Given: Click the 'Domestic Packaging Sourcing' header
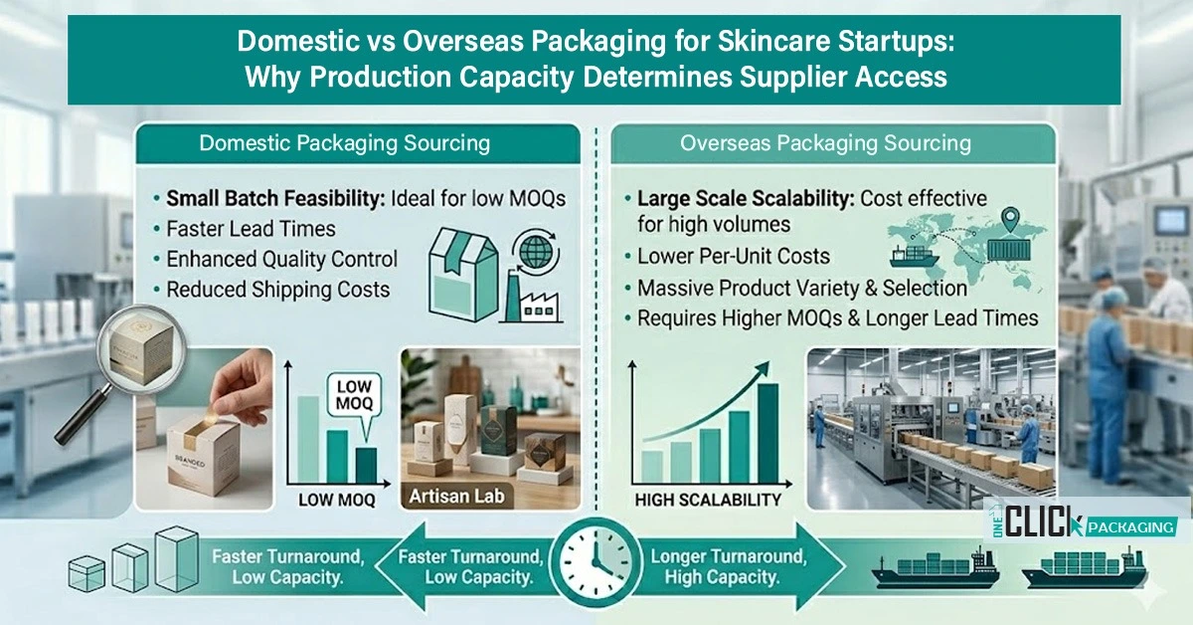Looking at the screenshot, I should [x=344, y=142].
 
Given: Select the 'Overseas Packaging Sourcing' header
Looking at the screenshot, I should [x=825, y=142].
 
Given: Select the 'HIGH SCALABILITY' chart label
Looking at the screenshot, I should [x=708, y=500].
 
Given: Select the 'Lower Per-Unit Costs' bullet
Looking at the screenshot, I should [x=733, y=256].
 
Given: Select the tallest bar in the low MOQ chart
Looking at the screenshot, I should [x=308, y=437].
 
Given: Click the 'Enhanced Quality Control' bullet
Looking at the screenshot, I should [x=281, y=259].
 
